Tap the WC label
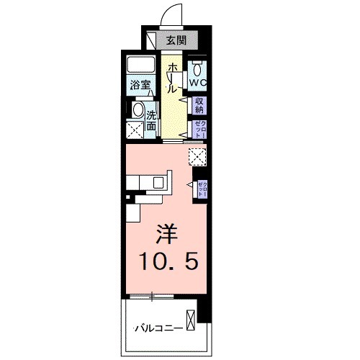(x=198, y=82)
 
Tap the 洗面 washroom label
(x=152, y=120)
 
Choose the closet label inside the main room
(x=202, y=189)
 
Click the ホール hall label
(x=173, y=78)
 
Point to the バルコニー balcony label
(x=157, y=329)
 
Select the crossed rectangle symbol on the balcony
(x=190, y=319)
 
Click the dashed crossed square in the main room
(x=197, y=156)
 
